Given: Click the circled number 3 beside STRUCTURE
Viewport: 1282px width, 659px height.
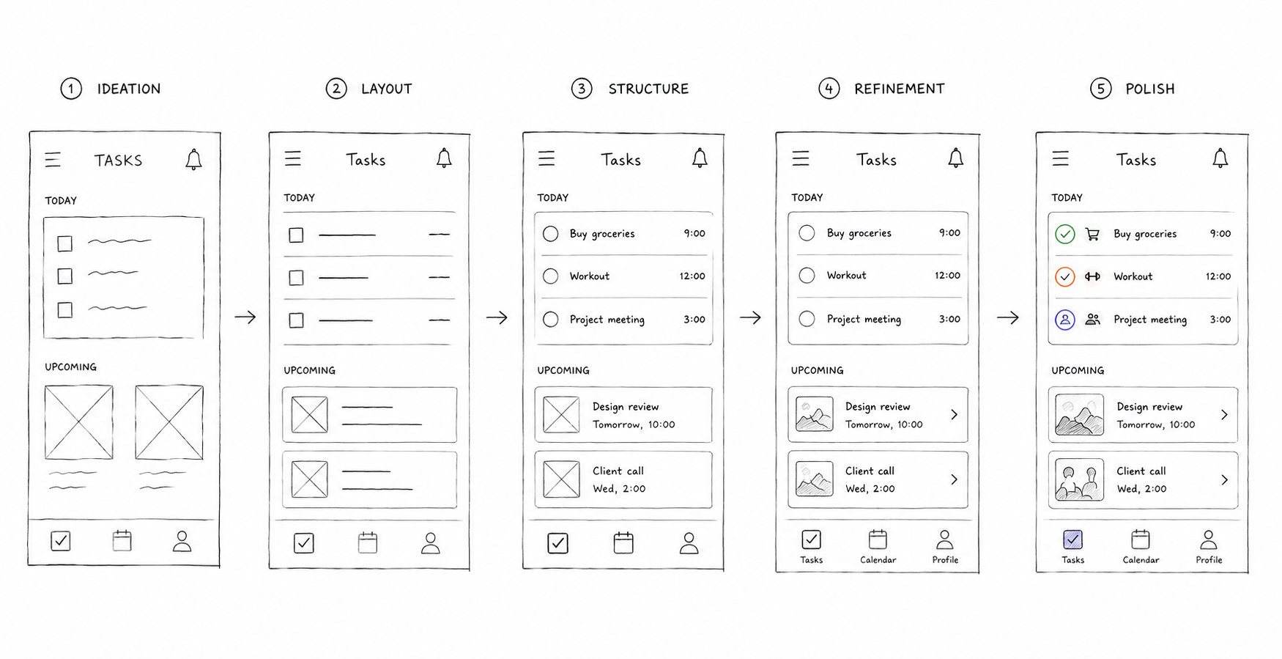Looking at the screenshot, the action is (x=582, y=89).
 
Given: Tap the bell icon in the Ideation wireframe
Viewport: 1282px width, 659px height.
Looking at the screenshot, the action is (x=193, y=159).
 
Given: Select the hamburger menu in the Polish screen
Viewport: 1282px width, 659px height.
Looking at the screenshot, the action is (x=1060, y=158).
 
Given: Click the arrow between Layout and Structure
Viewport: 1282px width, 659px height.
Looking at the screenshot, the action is (x=497, y=317).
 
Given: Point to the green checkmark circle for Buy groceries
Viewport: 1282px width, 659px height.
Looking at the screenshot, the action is (x=1064, y=234).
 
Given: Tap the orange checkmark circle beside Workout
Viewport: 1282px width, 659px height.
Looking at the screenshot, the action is (x=1064, y=276).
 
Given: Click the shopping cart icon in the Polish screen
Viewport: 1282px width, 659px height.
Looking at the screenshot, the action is (x=1092, y=235).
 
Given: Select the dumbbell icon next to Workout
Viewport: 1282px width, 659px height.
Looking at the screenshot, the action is (x=1092, y=276).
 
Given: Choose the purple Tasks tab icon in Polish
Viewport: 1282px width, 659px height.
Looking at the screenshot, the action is (x=1072, y=540).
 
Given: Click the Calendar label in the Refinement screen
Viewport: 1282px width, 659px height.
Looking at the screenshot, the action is (x=878, y=560).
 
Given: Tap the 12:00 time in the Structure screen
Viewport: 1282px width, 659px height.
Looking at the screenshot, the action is (x=692, y=276).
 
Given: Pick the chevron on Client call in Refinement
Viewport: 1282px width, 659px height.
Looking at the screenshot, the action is (x=954, y=479).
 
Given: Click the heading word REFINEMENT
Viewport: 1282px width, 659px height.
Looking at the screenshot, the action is (x=899, y=89).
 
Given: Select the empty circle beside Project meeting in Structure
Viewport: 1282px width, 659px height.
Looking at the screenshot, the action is (x=551, y=320).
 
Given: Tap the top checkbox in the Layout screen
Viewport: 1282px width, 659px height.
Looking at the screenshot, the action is (x=296, y=235).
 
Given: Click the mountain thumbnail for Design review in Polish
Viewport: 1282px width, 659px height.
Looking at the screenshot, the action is (x=1079, y=415).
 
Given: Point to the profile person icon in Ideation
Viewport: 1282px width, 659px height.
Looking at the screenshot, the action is (x=182, y=542).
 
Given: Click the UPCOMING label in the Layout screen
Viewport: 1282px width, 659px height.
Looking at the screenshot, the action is (x=309, y=371).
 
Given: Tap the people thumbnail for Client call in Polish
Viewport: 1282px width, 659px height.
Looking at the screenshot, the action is (x=1079, y=480).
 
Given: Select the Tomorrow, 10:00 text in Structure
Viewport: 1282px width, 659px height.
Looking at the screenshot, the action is (x=634, y=424).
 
